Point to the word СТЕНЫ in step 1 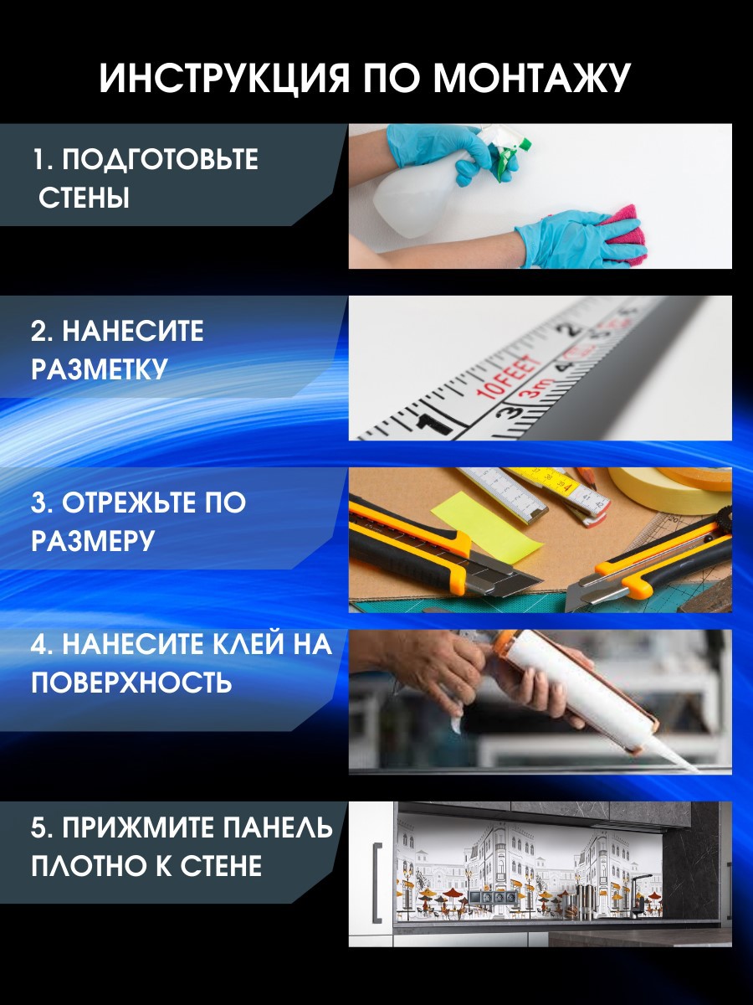click(85, 199)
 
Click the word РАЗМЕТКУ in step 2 click(100, 369)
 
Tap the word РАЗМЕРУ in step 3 click(93, 541)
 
